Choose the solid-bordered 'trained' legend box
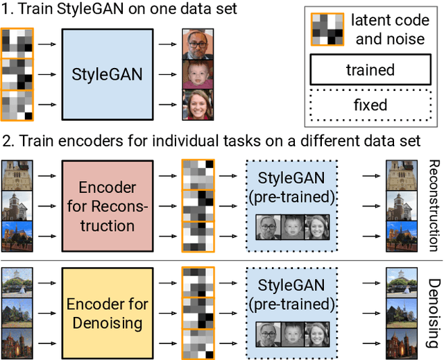(370, 69)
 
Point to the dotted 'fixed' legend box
(370, 105)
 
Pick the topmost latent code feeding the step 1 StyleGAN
(15, 43)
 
